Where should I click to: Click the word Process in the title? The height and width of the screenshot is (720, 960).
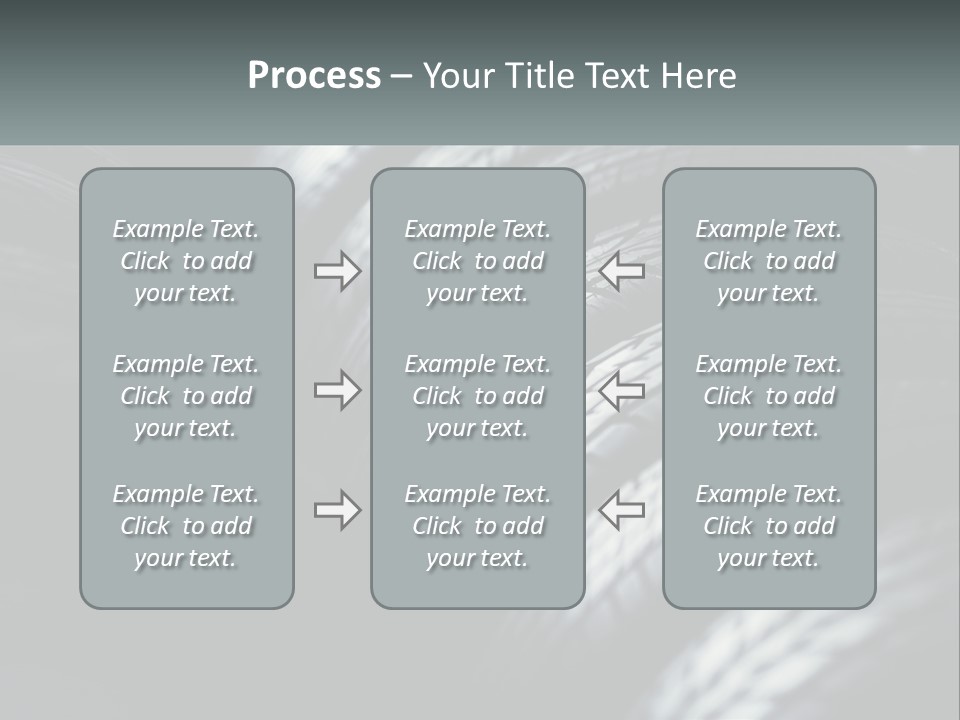point(314,76)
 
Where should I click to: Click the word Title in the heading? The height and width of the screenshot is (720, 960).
point(539,76)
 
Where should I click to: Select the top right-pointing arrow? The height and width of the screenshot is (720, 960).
point(337,271)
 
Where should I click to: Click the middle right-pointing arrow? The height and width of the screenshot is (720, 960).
point(337,390)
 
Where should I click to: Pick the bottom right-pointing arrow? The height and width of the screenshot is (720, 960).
point(337,510)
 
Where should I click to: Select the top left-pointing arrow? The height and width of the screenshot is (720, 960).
point(622,271)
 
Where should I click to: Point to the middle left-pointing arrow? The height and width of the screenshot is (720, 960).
point(622,390)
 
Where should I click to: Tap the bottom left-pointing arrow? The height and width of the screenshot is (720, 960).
point(622,510)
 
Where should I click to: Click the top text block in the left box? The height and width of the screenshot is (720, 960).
point(186,261)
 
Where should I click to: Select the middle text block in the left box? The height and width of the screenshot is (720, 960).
point(186,396)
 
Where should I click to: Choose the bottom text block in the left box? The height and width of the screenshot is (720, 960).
point(186,526)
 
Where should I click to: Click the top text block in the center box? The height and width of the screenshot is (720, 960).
point(477,261)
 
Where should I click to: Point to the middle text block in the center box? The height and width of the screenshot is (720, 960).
point(477,396)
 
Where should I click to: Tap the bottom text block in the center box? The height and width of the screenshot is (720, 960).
point(477,526)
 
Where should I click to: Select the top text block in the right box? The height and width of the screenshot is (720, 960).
point(769,261)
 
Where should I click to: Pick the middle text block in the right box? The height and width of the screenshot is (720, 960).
point(769,396)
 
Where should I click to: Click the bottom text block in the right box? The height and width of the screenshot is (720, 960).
point(769,526)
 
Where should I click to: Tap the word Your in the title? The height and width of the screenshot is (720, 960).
point(458,76)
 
